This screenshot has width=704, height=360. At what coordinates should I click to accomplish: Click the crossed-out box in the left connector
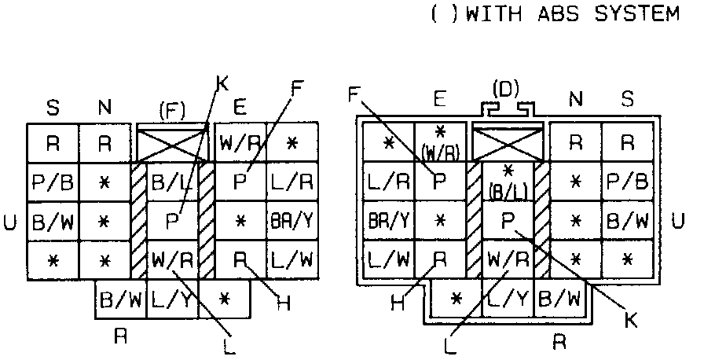(x=171, y=144)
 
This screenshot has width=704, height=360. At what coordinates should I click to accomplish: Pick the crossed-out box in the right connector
(x=507, y=144)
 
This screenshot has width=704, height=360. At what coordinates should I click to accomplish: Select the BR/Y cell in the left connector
(x=291, y=221)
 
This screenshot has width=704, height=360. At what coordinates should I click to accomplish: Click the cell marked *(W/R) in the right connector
(x=441, y=141)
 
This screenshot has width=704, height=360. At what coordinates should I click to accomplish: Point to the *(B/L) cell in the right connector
(x=507, y=181)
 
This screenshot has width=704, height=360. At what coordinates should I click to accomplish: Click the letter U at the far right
(x=678, y=221)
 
